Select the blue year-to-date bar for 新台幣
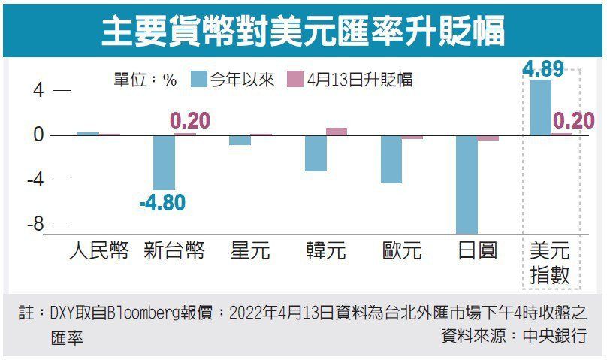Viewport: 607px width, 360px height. point(164,162)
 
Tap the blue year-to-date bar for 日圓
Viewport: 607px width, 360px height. point(467,184)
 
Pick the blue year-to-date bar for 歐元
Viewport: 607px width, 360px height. point(391,159)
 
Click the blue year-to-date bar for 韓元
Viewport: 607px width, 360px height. point(316,153)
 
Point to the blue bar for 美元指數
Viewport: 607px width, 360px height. point(540,107)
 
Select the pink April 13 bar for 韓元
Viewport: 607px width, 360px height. point(337,132)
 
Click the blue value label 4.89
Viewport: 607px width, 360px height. point(542,69)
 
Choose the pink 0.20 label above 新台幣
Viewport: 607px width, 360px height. point(190,120)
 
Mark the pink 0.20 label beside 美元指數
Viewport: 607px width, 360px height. point(574,120)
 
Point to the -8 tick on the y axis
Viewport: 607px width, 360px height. point(36,224)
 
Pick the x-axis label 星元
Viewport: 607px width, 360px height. point(250,250)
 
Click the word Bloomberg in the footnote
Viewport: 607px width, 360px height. point(144,314)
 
